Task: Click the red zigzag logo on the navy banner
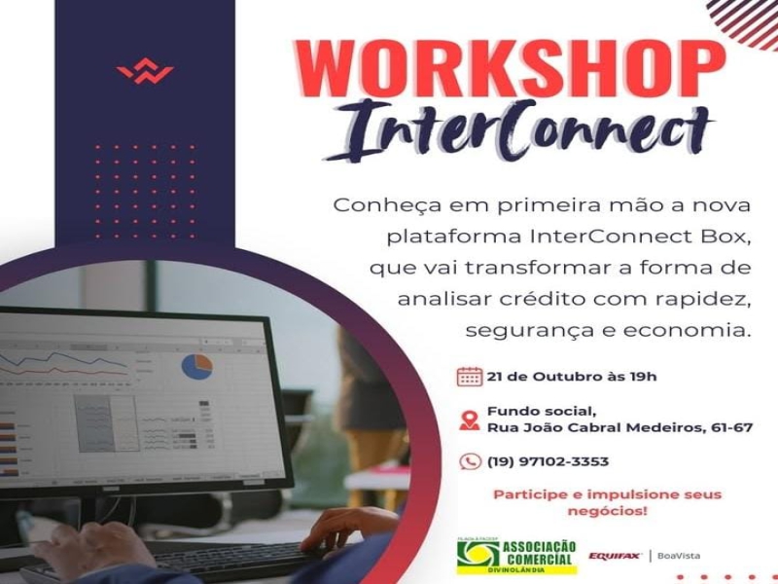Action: (145, 73)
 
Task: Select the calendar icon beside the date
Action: (469, 377)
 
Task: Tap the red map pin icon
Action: (469, 420)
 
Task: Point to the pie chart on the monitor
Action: (196, 367)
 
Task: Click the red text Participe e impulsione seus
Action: (607, 494)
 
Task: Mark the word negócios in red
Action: (607, 511)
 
